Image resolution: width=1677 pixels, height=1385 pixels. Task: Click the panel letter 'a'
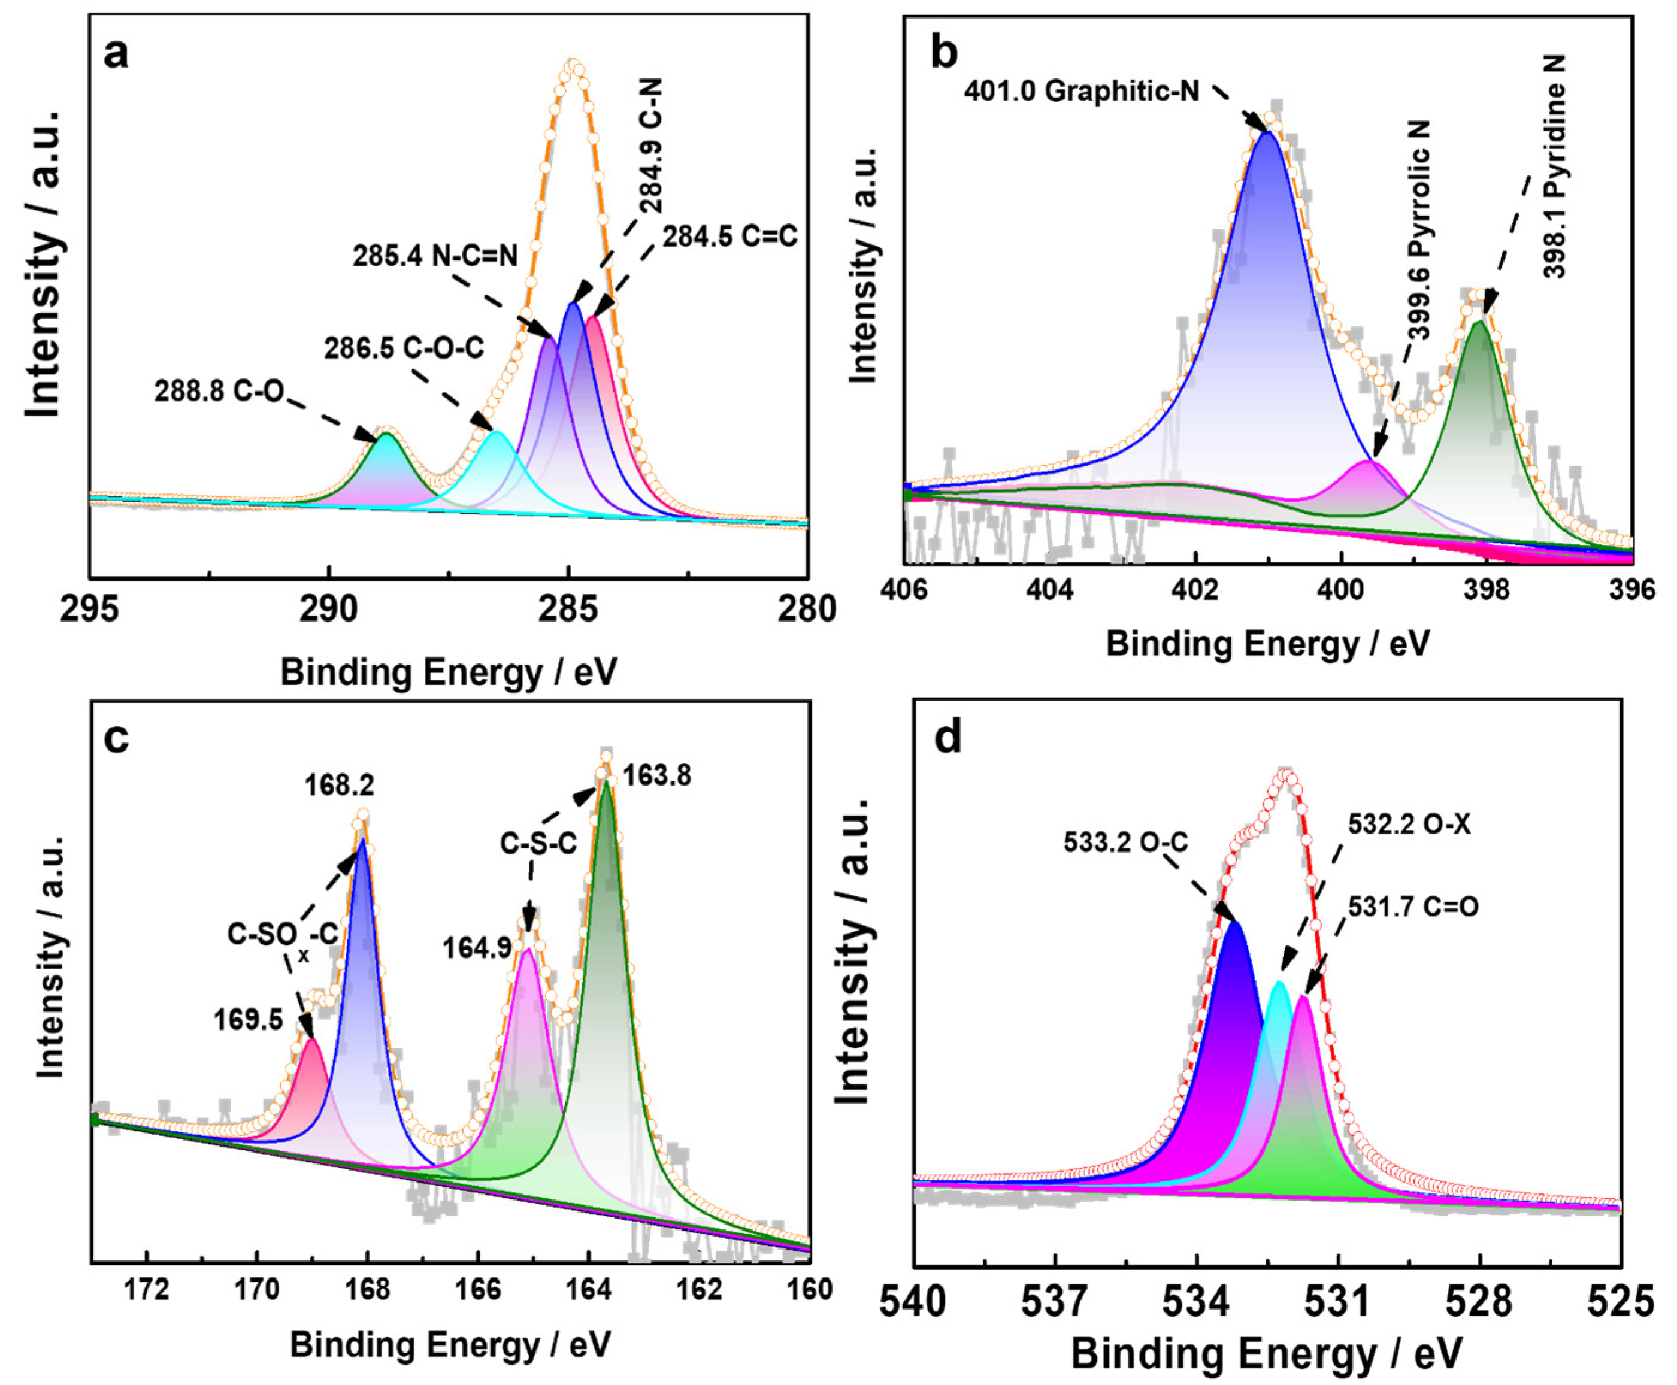pyautogui.click(x=116, y=54)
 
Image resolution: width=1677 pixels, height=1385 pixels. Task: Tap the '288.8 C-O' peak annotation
pyautogui.click(x=218, y=393)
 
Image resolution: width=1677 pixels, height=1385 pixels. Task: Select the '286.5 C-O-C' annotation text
pyautogui.click(x=404, y=348)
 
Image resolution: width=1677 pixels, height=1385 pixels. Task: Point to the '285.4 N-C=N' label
pyautogui.click(x=435, y=256)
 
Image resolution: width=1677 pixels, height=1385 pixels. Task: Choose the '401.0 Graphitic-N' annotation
pyautogui.click(x=1082, y=91)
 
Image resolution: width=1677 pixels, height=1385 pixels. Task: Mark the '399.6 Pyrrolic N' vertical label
pyautogui.click(x=1419, y=231)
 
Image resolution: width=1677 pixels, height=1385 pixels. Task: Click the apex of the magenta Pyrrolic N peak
pyautogui.click(x=1369, y=461)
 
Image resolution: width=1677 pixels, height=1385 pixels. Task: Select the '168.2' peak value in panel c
pyautogui.click(x=339, y=786)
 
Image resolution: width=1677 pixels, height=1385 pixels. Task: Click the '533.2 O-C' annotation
pyautogui.click(x=1126, y=842)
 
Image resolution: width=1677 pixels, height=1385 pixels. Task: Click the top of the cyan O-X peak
pyautogui.click(x=1280, y=982)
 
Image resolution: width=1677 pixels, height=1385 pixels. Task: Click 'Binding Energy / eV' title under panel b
pyautogui.click(x=1268, y=643)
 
